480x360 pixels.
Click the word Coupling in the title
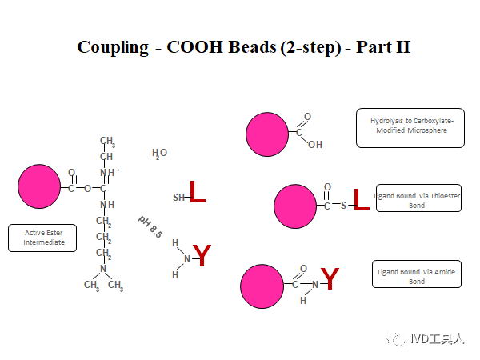pyautogui.click(x=113, y=46)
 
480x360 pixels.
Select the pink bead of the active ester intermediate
pyautogui.click(x=39, y=186)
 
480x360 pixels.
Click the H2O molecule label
pyautogui.click(x=159, y=153)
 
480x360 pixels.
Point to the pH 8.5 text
pyautogui.click(x=150, y=226)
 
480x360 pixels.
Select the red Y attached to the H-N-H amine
pyautogui.click(x=202, y=256)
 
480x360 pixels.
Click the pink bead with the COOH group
pyautogui.click(x=268, y=134)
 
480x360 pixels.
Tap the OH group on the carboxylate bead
pyautogui.click(x=314, y=145)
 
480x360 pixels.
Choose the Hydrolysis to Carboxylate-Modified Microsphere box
pyautogui.click(x=410, y=126)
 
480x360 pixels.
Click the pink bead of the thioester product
pyautogui.click(x=295, y=206)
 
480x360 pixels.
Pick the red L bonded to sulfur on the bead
pyautogui.click(x=361, y=201)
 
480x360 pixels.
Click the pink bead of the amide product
pyautogui.click(x=263, y=285)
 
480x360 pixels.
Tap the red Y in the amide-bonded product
pyautogui.click(x=330, y=279)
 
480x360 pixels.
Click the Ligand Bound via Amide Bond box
pyautogui.click(x=416, y=277)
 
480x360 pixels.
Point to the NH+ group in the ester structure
pyautogui.click(x=110, y=172)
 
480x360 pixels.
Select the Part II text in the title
pyautogui.click(x=383, y=46)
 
